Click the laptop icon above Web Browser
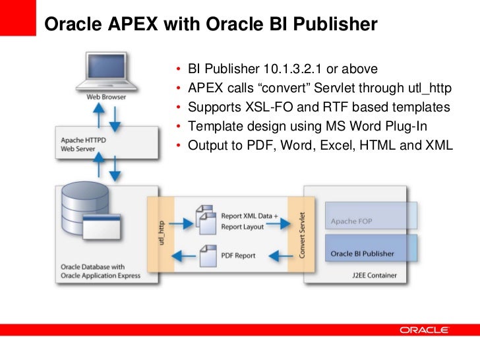(107, 72)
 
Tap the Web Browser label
(106, 97)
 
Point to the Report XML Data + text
(250, 216)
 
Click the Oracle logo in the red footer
(424, 330)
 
